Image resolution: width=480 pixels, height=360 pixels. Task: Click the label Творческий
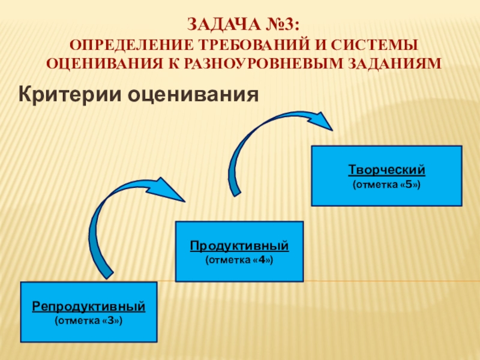tap(387, 169)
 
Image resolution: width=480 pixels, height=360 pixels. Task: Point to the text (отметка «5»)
tap(387, 184)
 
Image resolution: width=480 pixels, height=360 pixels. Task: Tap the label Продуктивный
tap(239, 246)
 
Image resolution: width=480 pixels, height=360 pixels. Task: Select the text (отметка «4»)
tap(239, 260)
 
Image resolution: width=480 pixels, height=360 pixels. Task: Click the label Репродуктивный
tap(89, 307)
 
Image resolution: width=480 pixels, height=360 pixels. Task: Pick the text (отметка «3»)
tap(89, 321)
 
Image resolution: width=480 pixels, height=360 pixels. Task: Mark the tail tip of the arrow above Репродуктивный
tap(108, 277)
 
